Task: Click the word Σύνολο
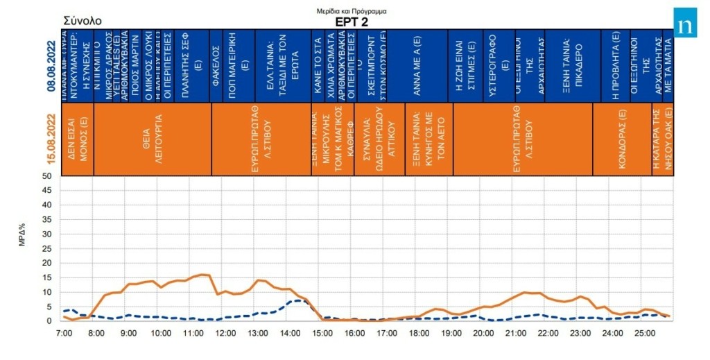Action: point(83,21)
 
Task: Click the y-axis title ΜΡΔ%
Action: point(22,248)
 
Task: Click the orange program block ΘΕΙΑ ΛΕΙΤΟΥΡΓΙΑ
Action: point(152,139)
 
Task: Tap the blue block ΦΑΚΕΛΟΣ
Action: point(216,67)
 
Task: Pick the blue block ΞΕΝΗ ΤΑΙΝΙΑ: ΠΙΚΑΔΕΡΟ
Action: point(569,67)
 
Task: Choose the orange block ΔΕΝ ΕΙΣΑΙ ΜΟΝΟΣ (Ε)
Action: point(77,139)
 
